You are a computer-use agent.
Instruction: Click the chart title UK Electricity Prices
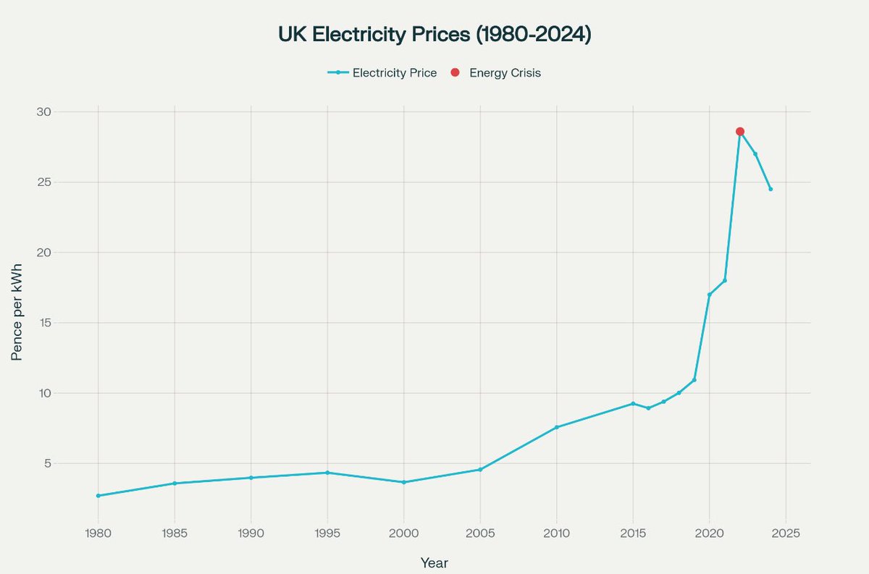pos(434,35)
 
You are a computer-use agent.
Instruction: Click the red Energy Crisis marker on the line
pos(739,132)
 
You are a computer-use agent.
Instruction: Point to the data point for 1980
pos(98,496)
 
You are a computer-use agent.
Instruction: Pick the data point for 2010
pos(556,427)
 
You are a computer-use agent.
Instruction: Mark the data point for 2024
pos(771,189)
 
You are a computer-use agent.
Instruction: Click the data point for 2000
pos(403,482)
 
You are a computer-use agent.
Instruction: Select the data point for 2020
pos(709,295)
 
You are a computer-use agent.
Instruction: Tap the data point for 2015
pos(633,403)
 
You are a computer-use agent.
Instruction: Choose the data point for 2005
pos(480,470)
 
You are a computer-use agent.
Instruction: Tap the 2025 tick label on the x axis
pos(786,533)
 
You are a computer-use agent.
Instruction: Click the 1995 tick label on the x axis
pos(327,533)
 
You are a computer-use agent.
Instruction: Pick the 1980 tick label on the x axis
pos(98,533)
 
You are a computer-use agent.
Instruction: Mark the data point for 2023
pos(755,154)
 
